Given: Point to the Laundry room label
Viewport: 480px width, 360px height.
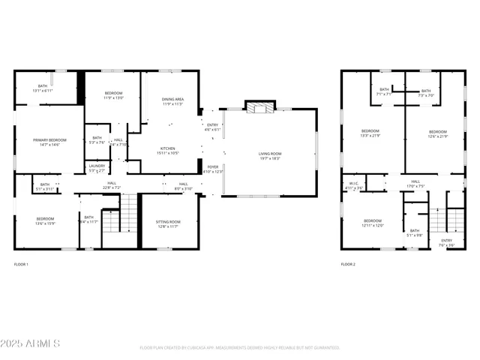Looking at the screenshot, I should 97,168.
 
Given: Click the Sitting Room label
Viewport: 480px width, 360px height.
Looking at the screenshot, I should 168,223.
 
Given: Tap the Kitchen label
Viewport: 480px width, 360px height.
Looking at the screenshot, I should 168,151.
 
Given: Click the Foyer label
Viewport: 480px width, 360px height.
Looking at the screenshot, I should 213,169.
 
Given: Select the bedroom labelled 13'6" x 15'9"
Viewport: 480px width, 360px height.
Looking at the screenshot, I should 45,221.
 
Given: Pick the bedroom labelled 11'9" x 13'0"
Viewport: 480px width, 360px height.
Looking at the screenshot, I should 113,95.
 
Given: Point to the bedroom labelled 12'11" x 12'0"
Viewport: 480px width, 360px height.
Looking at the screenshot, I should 373,223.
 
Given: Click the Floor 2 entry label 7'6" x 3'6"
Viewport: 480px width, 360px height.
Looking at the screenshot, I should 446,243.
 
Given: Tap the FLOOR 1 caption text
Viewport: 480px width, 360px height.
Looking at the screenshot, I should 22,265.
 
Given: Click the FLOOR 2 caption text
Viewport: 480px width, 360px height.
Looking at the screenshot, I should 348,265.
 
